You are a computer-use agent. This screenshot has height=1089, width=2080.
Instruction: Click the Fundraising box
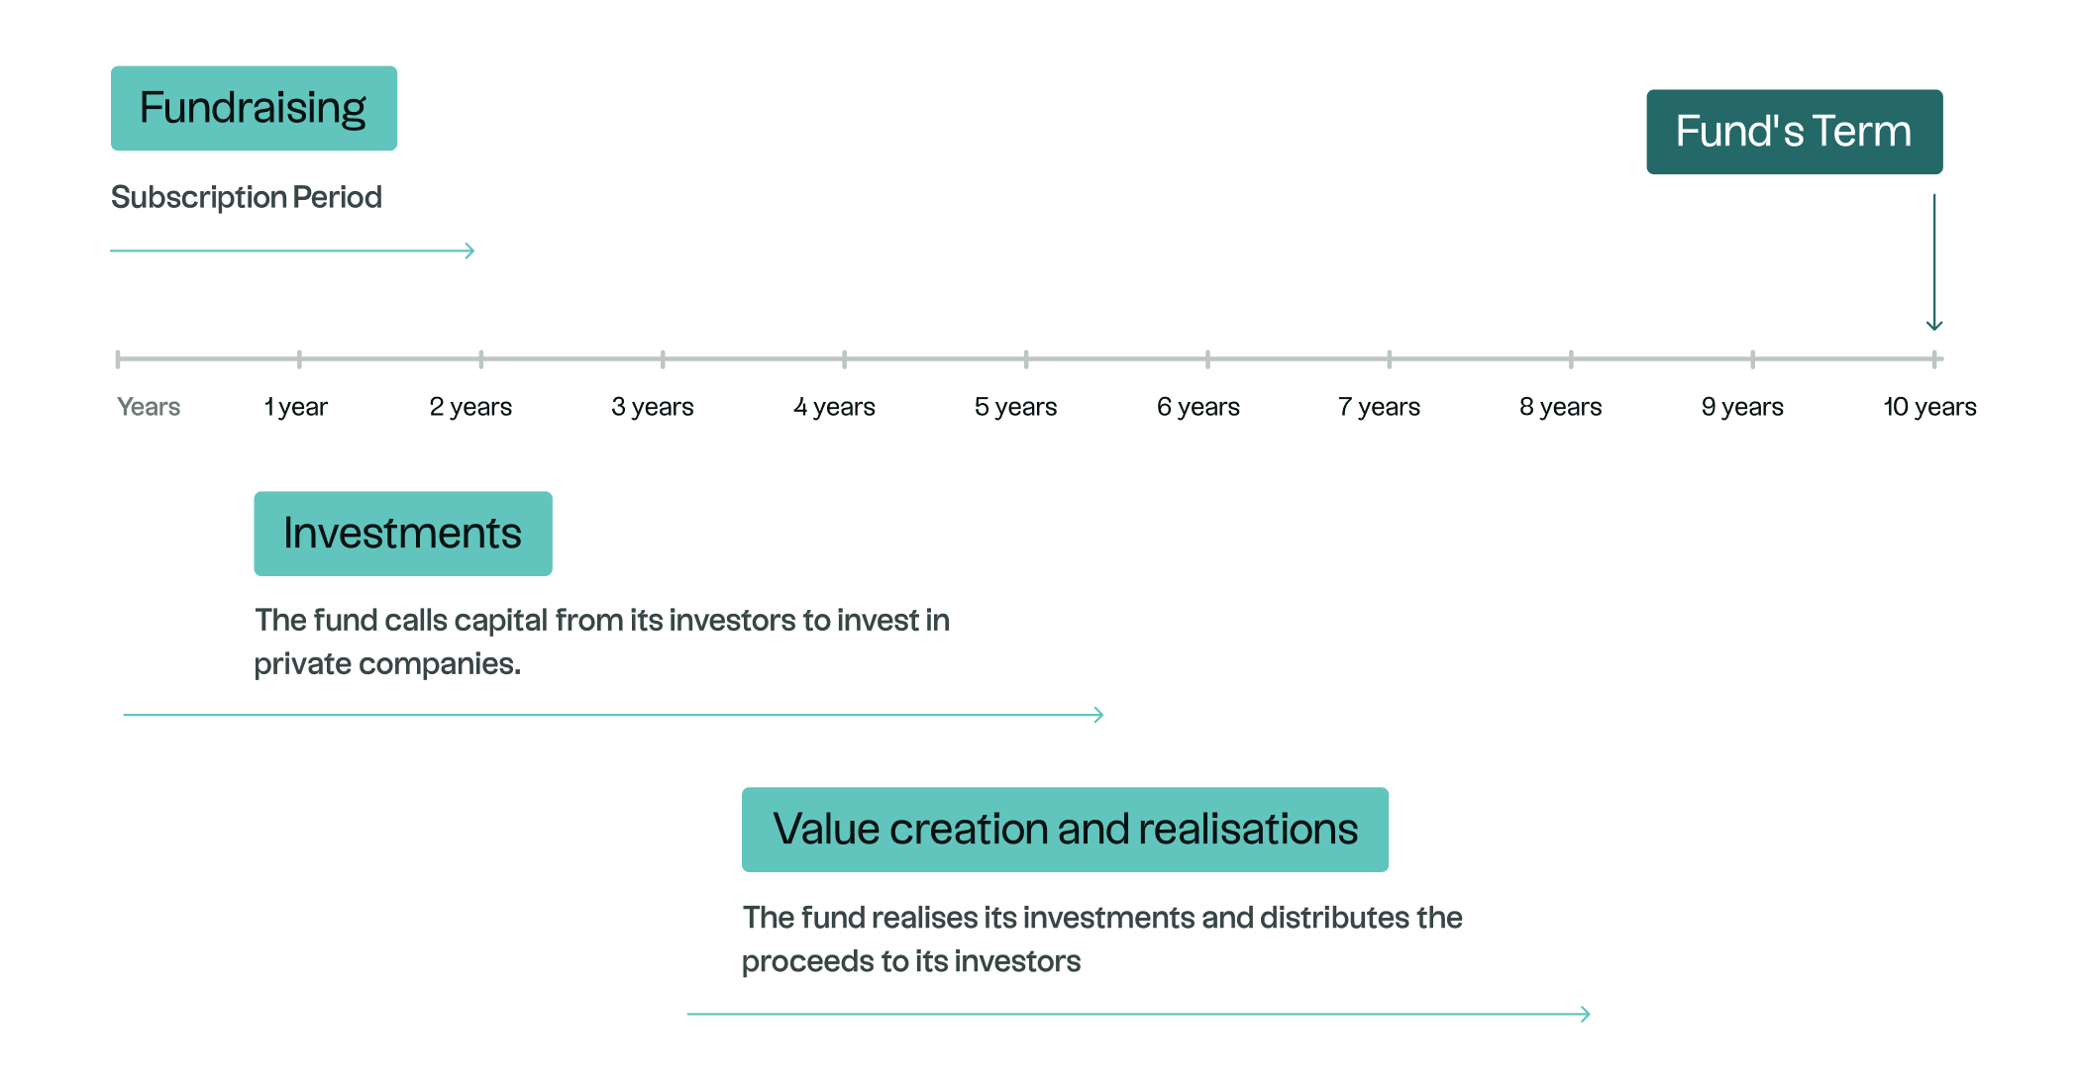[254, 108]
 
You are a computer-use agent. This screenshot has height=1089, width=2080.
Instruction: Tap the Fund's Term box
[1794, 132]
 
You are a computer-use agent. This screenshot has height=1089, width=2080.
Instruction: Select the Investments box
[403, 534]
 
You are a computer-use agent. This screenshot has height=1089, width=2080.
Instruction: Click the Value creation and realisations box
[1065, 830]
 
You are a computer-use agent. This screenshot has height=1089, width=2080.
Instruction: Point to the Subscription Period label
[246, 197]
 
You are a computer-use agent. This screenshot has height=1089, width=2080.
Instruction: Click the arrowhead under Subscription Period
[470, 250]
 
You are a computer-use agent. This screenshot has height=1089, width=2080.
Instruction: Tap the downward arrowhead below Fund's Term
[1933, 325]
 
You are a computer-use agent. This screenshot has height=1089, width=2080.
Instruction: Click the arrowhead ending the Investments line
[1098, 715]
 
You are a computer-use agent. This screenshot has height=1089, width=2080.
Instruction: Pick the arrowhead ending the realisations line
[1586, 1014]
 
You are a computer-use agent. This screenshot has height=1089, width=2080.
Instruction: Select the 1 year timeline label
[296, 407]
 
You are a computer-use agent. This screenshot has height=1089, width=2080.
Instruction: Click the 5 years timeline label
[1015, 407]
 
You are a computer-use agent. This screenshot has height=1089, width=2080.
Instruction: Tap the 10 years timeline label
[1929, 407]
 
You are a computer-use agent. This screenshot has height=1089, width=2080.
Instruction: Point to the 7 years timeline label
[1379, 407]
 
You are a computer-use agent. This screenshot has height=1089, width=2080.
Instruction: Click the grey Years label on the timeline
[149, 407]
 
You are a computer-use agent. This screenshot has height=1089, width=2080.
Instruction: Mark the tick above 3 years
[663, 358]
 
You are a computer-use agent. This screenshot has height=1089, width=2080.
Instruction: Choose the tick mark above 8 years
[1571, 358]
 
